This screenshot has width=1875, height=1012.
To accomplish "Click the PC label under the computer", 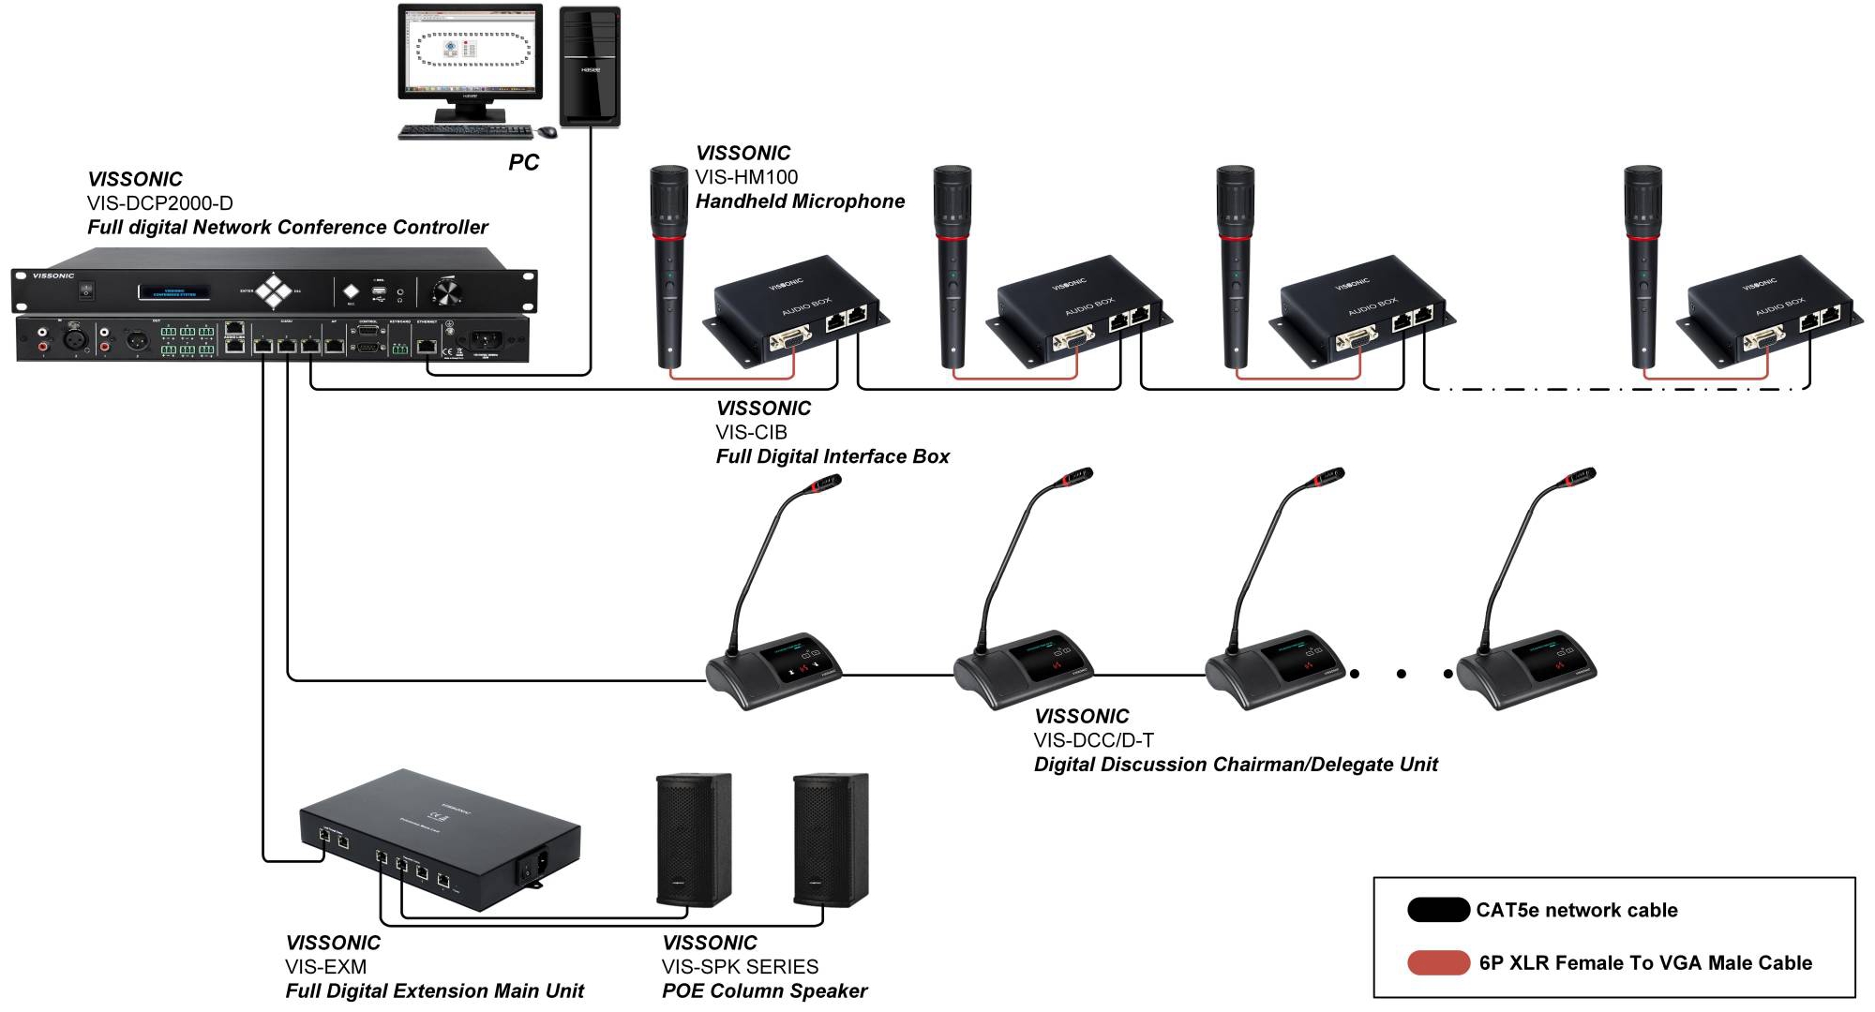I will tap(523, 162).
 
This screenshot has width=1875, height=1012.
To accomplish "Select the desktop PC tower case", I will tap(590, 67).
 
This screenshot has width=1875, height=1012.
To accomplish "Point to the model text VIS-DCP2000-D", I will tap(159, 203).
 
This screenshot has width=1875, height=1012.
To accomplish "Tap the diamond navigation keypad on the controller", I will tap(275, 290).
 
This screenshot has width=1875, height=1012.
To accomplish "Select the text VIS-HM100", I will tap(746, 177).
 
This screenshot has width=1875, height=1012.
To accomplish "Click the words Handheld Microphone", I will tap(800, 201).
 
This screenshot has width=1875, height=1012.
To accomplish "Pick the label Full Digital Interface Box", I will tap(832, 456).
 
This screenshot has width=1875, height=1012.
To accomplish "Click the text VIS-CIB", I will tap(751, 432).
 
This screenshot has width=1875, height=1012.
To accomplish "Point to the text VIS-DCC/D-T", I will tap(1093, 740).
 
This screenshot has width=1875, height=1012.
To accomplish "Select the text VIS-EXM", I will tap(325, 967).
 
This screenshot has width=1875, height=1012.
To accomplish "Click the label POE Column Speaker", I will tap(764, 991).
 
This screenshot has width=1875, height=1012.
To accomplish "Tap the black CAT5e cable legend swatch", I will tap(1437, 910).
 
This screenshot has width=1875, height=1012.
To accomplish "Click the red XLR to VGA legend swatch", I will tap(1437, 962).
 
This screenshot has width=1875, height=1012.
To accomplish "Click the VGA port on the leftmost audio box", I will tap(790, 339).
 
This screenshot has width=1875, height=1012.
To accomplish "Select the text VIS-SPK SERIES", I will tap(740, 967).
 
